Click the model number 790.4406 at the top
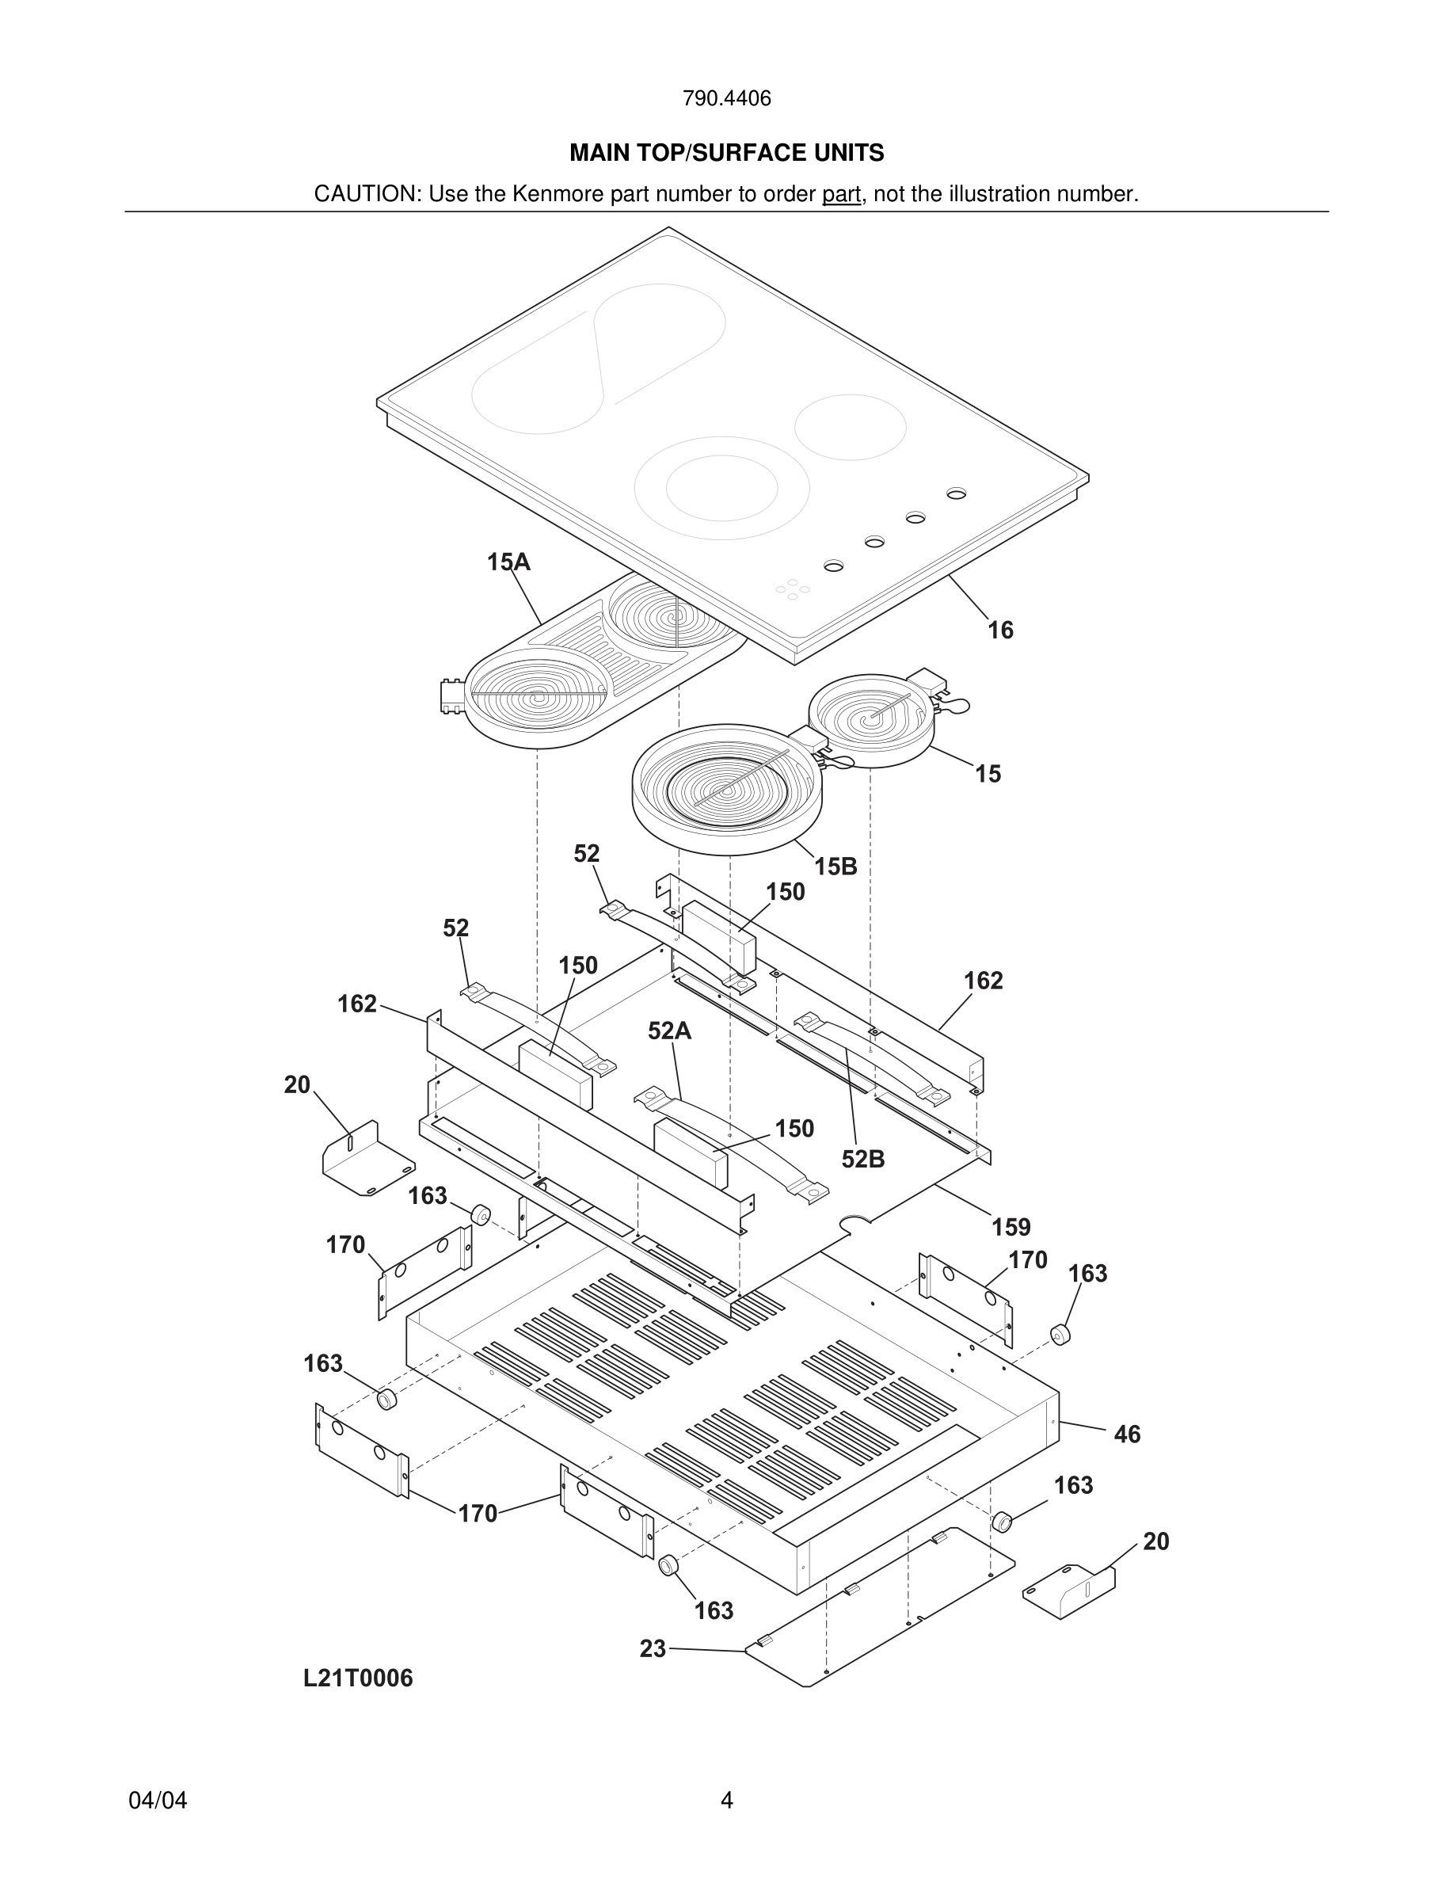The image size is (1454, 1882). click(x=726, y=99)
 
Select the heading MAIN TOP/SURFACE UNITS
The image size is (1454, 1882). click(x=726, y=154)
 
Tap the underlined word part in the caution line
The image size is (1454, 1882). click(x=841, y=195)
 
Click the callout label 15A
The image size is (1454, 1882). click(x=508, y=562)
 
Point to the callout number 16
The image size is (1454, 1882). click(x=1000, y=631)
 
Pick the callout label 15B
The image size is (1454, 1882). click(x=835, y=867)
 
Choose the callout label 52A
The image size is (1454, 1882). click(x=669, y=1031)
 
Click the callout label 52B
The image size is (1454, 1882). click(x=863, y=1160)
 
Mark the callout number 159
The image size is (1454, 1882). click(x=1011, y=1227)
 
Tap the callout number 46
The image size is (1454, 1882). click(x=1127, y=1434)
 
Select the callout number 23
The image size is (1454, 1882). click(x=653, y=1649)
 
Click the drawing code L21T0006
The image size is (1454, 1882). click(x=357, y=1678)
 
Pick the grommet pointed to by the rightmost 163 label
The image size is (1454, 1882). click(x=1060, y=1335)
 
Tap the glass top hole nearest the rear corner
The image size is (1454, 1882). click(x=956, y=493)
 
